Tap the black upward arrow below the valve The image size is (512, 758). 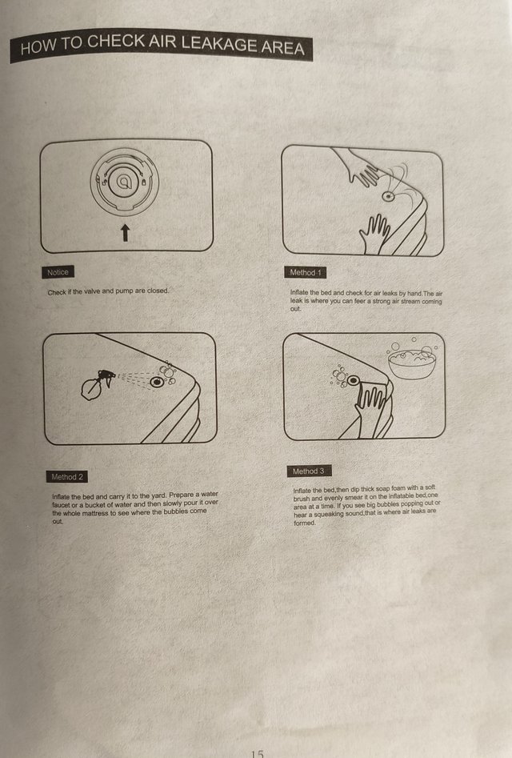[125, 233]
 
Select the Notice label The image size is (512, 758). [58, 272]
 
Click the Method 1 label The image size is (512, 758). [306, 273]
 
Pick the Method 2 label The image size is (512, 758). [67, 476]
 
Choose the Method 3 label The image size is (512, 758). [309, 471]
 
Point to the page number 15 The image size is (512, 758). [258, 753]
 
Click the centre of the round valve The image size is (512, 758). [125, 182]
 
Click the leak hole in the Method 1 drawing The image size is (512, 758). [388, 196]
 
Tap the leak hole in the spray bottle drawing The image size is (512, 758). [157, 382]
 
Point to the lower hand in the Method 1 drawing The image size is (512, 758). [374, 235]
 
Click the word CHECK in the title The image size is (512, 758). [115, 42]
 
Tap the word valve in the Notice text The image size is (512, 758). [92, 291]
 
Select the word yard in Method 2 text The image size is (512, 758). [159, 495]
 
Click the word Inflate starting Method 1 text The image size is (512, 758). [299, 292]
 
